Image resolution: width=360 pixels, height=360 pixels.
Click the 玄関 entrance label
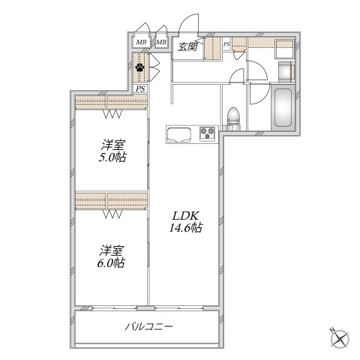pos(187,47)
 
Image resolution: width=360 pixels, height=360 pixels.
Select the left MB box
pos(142,41)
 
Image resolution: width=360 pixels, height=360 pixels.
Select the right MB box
pos(161,41)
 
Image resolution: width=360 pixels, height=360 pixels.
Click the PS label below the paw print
pos(140,88)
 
